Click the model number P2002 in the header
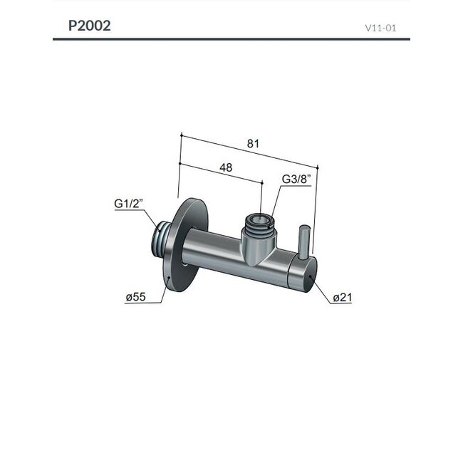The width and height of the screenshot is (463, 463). click(x=89, y=26)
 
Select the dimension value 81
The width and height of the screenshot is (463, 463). click(x=253, y=143)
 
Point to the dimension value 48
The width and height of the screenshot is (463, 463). click(x=226, y=167)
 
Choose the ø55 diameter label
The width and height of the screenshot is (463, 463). click(x=135, y=298)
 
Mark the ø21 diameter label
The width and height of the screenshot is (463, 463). click(x=343, y=298)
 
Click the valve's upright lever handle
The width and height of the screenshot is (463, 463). click(x=303, y=242)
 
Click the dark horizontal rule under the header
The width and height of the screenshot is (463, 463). click(x=231, y=39)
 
